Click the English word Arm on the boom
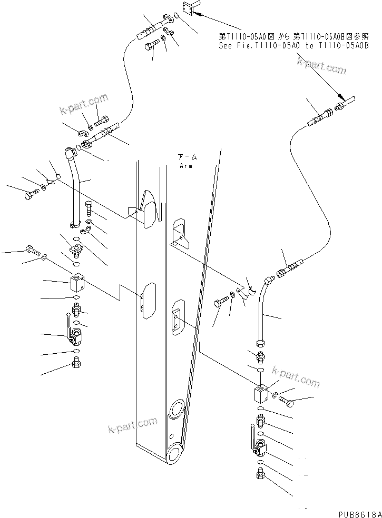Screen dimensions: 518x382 tap(186, 166)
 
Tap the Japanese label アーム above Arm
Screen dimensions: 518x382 tap(187, 157)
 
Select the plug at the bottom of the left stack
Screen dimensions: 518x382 tap(75, 363)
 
